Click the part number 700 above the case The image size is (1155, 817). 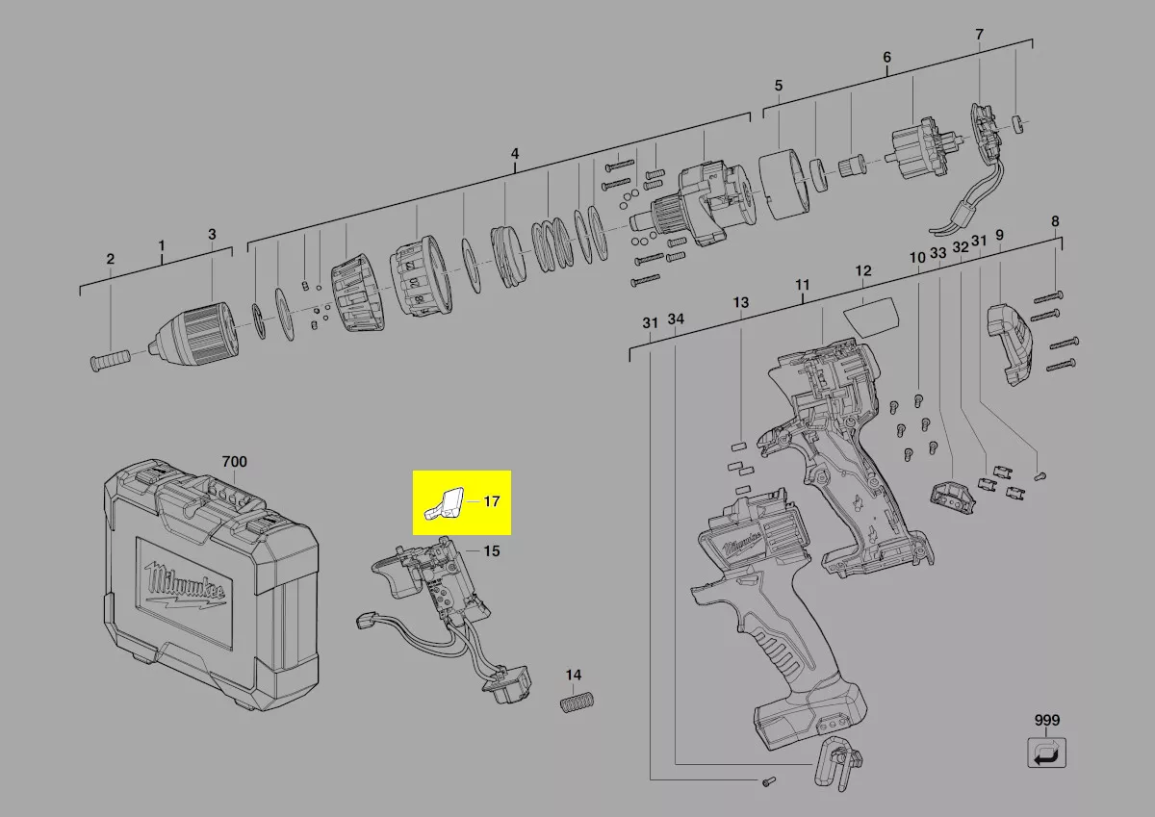[234, 461]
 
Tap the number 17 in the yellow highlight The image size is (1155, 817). [492, 501]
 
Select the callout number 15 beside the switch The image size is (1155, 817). [492, 551]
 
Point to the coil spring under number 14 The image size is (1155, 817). [577, 703]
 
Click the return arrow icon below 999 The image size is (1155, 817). [1047, 753]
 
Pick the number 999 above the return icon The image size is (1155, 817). [1047, 720]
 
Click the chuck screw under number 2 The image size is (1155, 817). [110, 359]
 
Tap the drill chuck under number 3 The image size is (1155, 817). [193, 331]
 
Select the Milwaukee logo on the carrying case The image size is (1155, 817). [185, 587]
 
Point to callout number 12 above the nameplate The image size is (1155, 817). [863, 270]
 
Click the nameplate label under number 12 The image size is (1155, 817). [871, 317]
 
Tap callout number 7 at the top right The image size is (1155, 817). [979, 35]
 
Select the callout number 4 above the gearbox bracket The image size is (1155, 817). [515, 154]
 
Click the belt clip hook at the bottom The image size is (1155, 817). [838, 763]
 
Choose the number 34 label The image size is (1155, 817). [676, 319]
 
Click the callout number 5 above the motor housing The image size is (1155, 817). [779, 86]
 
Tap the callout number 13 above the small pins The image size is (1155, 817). [741, 302]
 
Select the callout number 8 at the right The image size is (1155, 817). [1055, 221]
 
